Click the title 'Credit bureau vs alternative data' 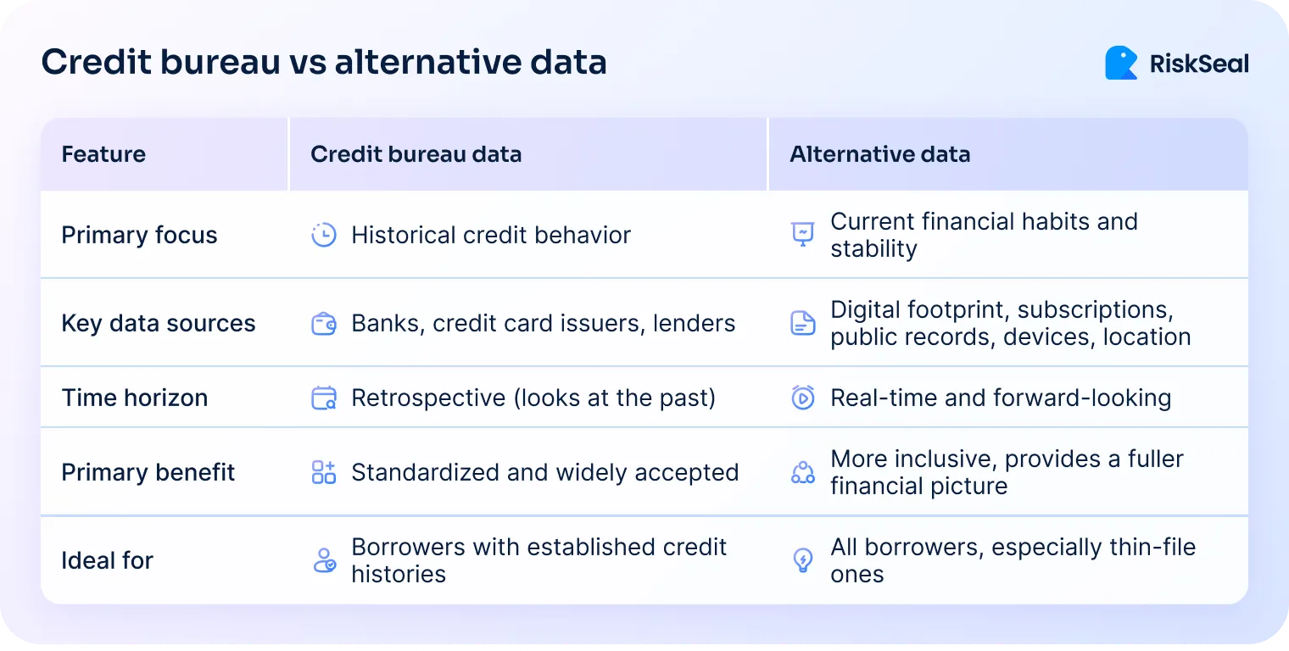324,63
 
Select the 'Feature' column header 103,154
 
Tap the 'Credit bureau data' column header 416,154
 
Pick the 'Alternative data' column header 879,154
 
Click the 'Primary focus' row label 139,235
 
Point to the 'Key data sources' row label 158,323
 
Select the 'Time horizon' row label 134,398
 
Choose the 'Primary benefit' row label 148,472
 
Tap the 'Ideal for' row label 107,560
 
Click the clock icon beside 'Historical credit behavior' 324,235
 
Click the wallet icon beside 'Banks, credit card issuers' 324,323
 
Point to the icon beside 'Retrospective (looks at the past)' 324,398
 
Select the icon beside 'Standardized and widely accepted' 324,472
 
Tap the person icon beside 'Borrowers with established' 324,560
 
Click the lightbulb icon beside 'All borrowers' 802,560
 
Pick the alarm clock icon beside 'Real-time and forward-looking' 802,398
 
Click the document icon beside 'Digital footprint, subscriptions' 802,323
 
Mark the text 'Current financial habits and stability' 983,235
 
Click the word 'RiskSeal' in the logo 1198,64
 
